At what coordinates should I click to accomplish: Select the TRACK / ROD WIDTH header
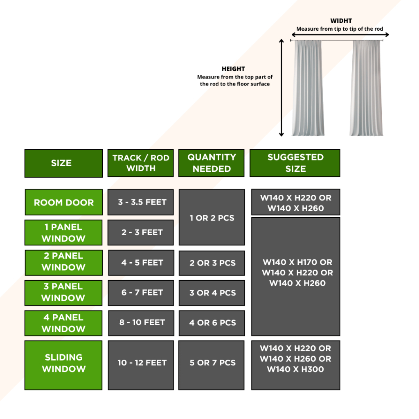[140, 163]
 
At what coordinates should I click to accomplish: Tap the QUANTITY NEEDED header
[212, 163]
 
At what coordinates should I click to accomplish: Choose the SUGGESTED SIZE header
[295, 163]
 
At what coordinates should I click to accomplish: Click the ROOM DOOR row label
[63, 202]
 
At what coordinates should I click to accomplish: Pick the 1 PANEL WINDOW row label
[63, 232]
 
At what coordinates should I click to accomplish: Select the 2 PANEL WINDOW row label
[63, 262]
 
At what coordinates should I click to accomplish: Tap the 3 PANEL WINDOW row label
[63, 293]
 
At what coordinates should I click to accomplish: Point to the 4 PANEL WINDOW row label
[63, 323]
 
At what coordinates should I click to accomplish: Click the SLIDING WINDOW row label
[63, 363]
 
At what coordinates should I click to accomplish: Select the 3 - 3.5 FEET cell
[140, 202]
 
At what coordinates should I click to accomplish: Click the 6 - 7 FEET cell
[140, 293]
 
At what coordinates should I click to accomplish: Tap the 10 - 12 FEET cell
[140, 363]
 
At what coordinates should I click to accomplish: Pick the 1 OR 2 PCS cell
[212, 218]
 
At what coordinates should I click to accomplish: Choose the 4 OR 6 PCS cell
[212, 323]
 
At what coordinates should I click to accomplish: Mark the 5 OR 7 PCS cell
[212, 363]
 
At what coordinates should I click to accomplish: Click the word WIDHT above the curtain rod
[341, 21]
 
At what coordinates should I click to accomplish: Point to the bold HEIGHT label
[233, 69]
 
